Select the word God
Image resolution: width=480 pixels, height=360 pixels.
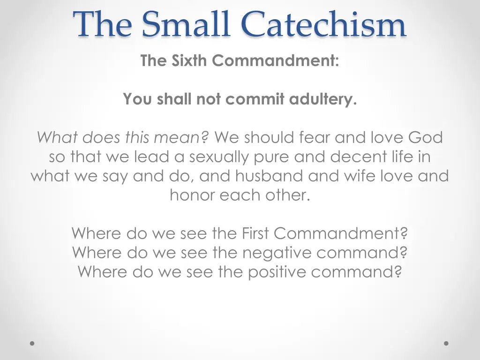point(425,137)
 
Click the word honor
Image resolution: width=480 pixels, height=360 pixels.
point(191,195)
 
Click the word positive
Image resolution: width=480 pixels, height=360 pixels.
point(279,272)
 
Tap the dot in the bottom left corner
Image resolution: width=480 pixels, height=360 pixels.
point(32,344)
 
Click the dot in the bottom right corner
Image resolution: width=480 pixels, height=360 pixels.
point(446,344)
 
